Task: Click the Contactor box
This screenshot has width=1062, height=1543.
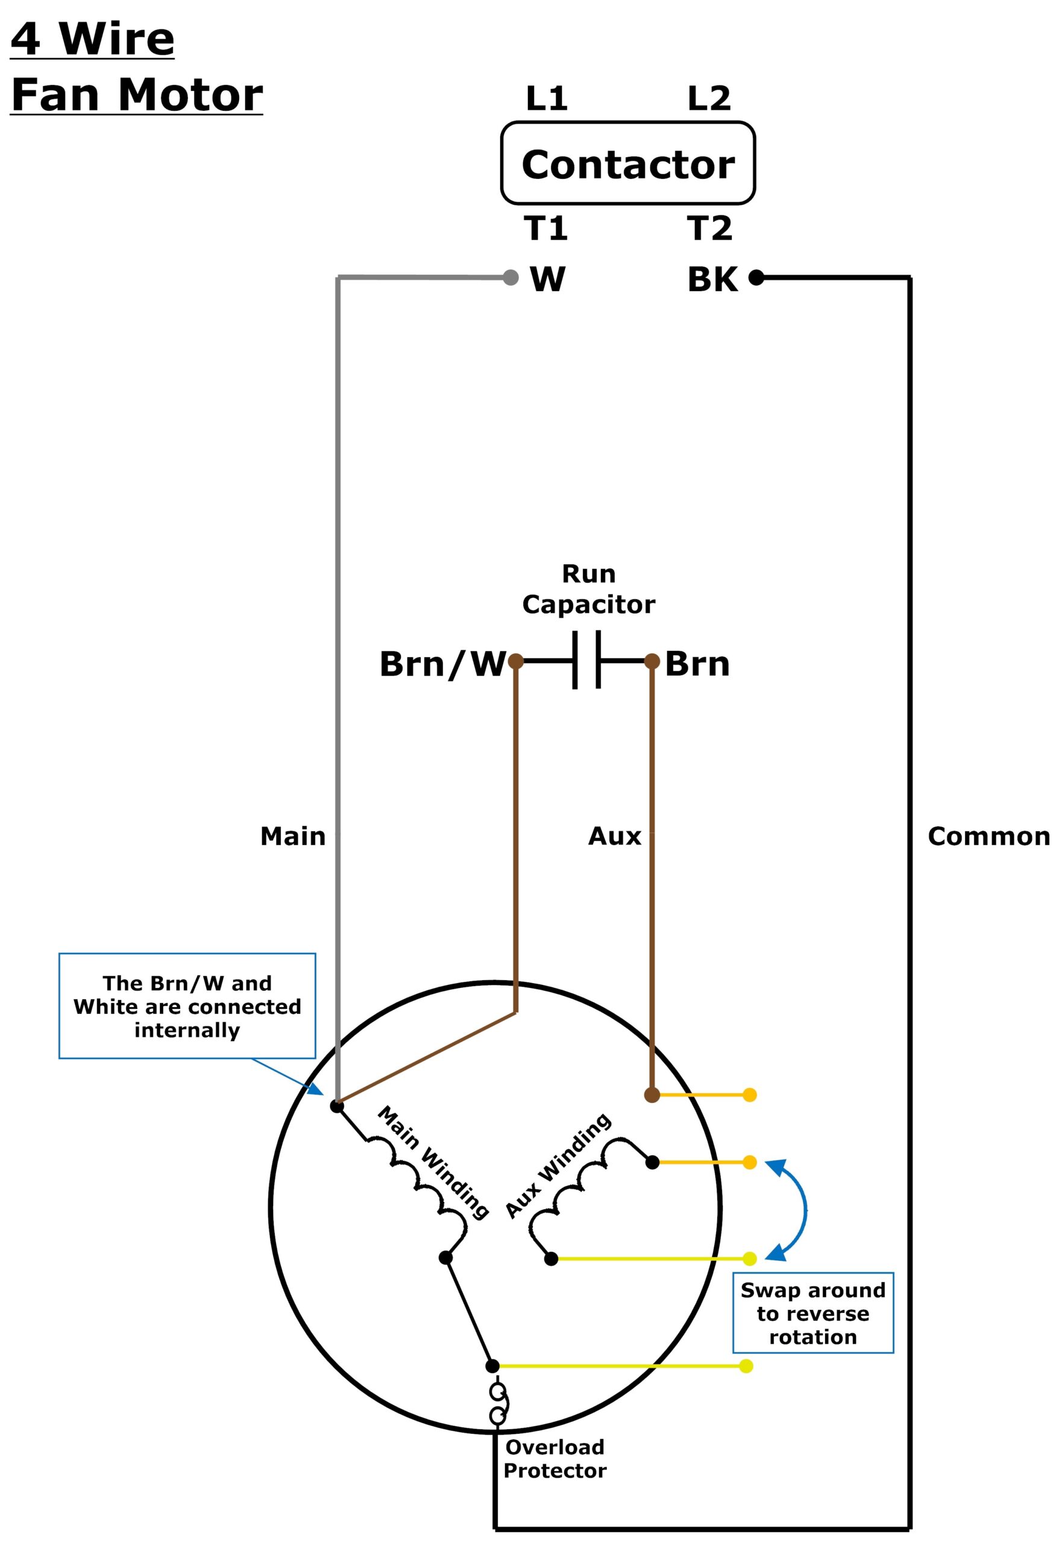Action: (x=627, y=163)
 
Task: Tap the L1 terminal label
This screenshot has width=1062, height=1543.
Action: (x=546, y=98)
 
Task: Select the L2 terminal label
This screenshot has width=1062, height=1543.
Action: (x=709, y=98)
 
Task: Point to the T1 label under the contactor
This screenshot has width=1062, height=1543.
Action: (x=546, y=228)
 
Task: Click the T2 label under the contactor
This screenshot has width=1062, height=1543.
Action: (x=710, y=228)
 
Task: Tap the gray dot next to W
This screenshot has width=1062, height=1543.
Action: (x=511, y=277)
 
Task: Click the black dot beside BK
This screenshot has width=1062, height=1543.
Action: (x=756, y=277)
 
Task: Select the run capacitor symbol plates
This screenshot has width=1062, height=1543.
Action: (x=587, y=661)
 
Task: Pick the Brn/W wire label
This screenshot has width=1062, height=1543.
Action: (x=442, y=664)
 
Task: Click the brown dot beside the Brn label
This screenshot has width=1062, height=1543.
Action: (x=652, y=661)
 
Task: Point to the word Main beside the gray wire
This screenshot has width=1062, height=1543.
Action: (x=293, y=837)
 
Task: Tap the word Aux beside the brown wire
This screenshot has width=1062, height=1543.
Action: (x=614, y=837)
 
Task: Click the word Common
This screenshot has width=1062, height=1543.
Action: (x=989, y=837)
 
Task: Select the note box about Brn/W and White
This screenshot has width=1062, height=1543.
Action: (x=187, y=1006)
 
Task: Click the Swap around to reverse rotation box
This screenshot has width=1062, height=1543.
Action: (x=812, y=1313)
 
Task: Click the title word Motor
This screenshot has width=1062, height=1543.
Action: (x=190, y=95)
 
